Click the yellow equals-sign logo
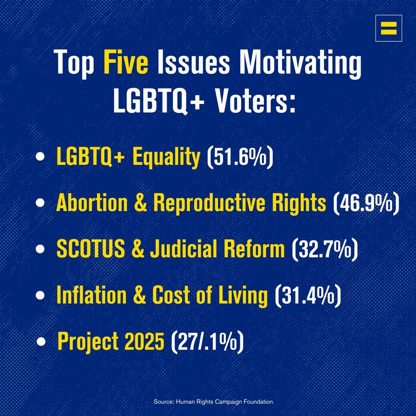[389, 28]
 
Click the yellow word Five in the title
[126, 64]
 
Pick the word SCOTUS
[91, 250]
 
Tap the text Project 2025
[111, 341]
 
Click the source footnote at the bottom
[213, 402]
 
